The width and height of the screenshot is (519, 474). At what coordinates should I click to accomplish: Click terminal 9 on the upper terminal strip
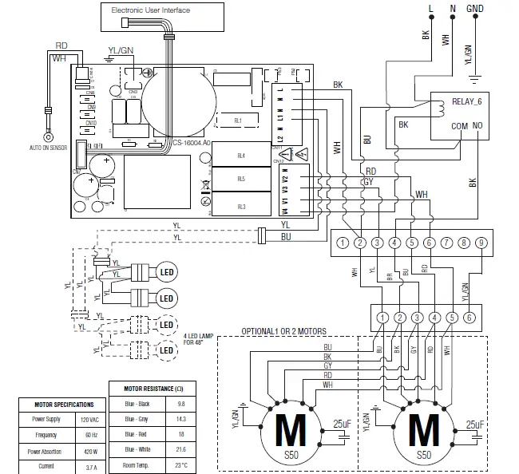pos(481,243)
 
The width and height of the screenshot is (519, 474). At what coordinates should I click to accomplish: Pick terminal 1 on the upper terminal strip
pos(341,243)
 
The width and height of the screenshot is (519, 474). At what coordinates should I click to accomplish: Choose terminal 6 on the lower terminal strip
pos(469,318)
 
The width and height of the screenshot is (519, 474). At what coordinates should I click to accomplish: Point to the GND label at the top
pos(475,9)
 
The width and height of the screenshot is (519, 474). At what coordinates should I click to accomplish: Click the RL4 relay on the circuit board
pos(241,156)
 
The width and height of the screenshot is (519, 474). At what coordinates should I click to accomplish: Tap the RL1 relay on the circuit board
pos(238,120)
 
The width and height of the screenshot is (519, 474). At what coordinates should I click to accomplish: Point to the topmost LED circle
pos(165,271)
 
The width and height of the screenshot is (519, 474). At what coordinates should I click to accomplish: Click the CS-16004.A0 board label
pos(192,143)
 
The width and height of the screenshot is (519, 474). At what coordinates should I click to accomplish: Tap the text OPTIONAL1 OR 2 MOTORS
pos(283,331)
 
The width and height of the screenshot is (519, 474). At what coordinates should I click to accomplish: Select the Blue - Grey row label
pos(137,418)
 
